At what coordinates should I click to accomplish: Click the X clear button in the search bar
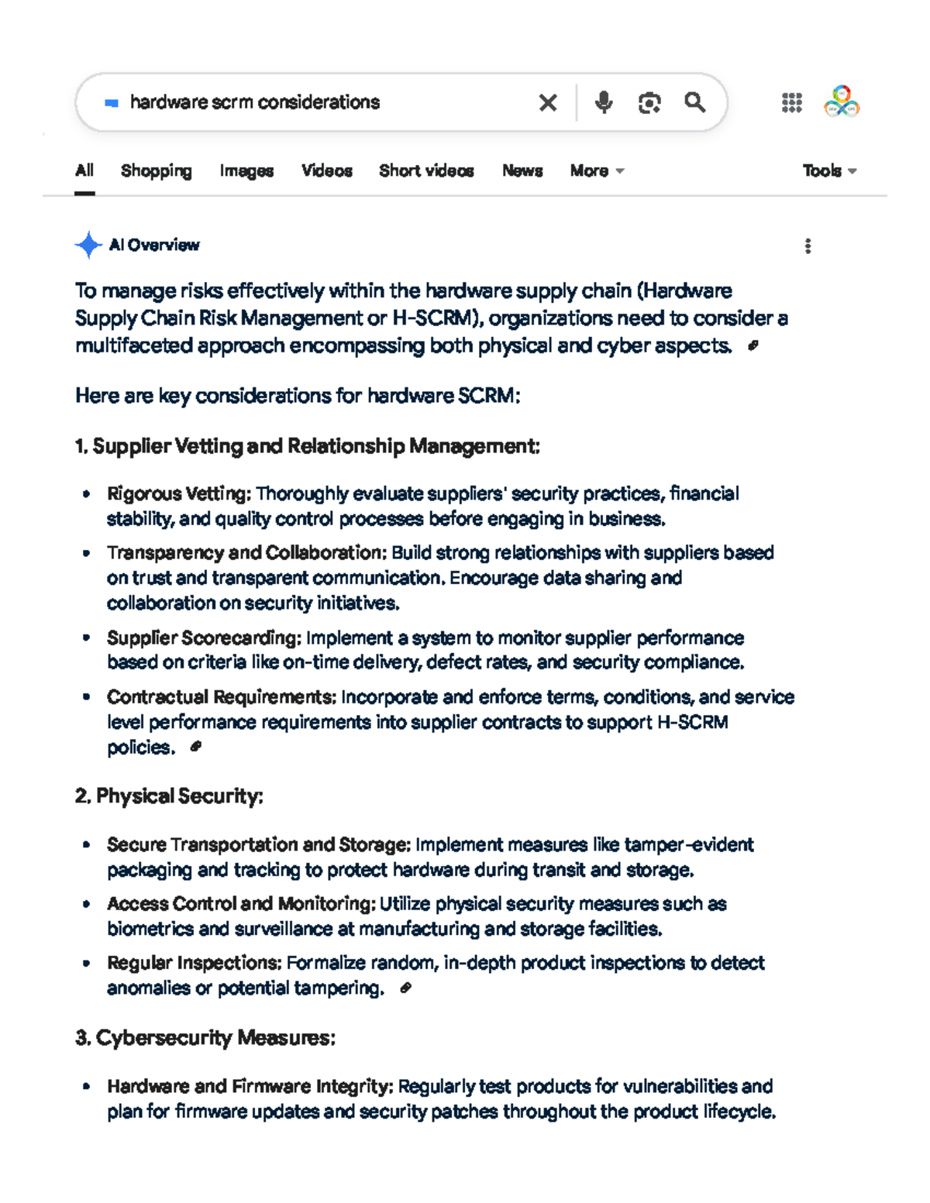coord(548,102)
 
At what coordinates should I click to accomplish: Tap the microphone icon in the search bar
coord(604,102)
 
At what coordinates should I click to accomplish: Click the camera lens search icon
coord(649,102)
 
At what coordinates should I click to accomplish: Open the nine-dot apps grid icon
coord(791,102)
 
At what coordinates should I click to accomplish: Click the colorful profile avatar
coord(842,101)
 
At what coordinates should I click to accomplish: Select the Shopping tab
coord(156,170)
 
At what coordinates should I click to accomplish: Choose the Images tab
coord(246,170)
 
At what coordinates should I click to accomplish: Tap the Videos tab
coord(326,170)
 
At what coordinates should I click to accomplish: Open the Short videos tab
coord(426,170)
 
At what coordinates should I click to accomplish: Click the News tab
coord(522,170)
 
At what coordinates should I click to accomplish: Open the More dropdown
coord(597,170)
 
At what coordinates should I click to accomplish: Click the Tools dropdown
coord(829,170)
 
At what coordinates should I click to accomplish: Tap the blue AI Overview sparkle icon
coord(88,245)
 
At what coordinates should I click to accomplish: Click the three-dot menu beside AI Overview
coord(808,246)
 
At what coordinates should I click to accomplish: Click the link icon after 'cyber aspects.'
coord(753,346)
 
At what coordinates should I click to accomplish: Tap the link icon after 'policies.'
coord(196,747)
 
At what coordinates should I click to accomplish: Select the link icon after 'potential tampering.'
coord(405,988)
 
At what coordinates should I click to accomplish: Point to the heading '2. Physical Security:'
coord(169,796)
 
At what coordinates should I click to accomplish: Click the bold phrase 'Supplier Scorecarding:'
coord(204,638)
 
